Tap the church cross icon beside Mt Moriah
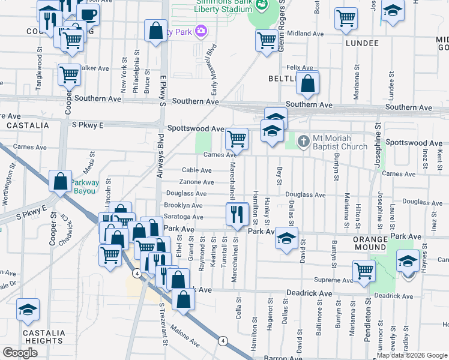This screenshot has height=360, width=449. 304,142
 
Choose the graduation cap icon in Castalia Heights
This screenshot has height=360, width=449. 28,309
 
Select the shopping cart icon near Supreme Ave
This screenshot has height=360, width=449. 364,271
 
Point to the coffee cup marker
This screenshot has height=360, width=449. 88,13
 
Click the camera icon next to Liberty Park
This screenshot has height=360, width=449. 201,31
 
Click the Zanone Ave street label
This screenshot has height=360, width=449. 197,182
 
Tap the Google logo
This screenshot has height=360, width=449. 20,353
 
